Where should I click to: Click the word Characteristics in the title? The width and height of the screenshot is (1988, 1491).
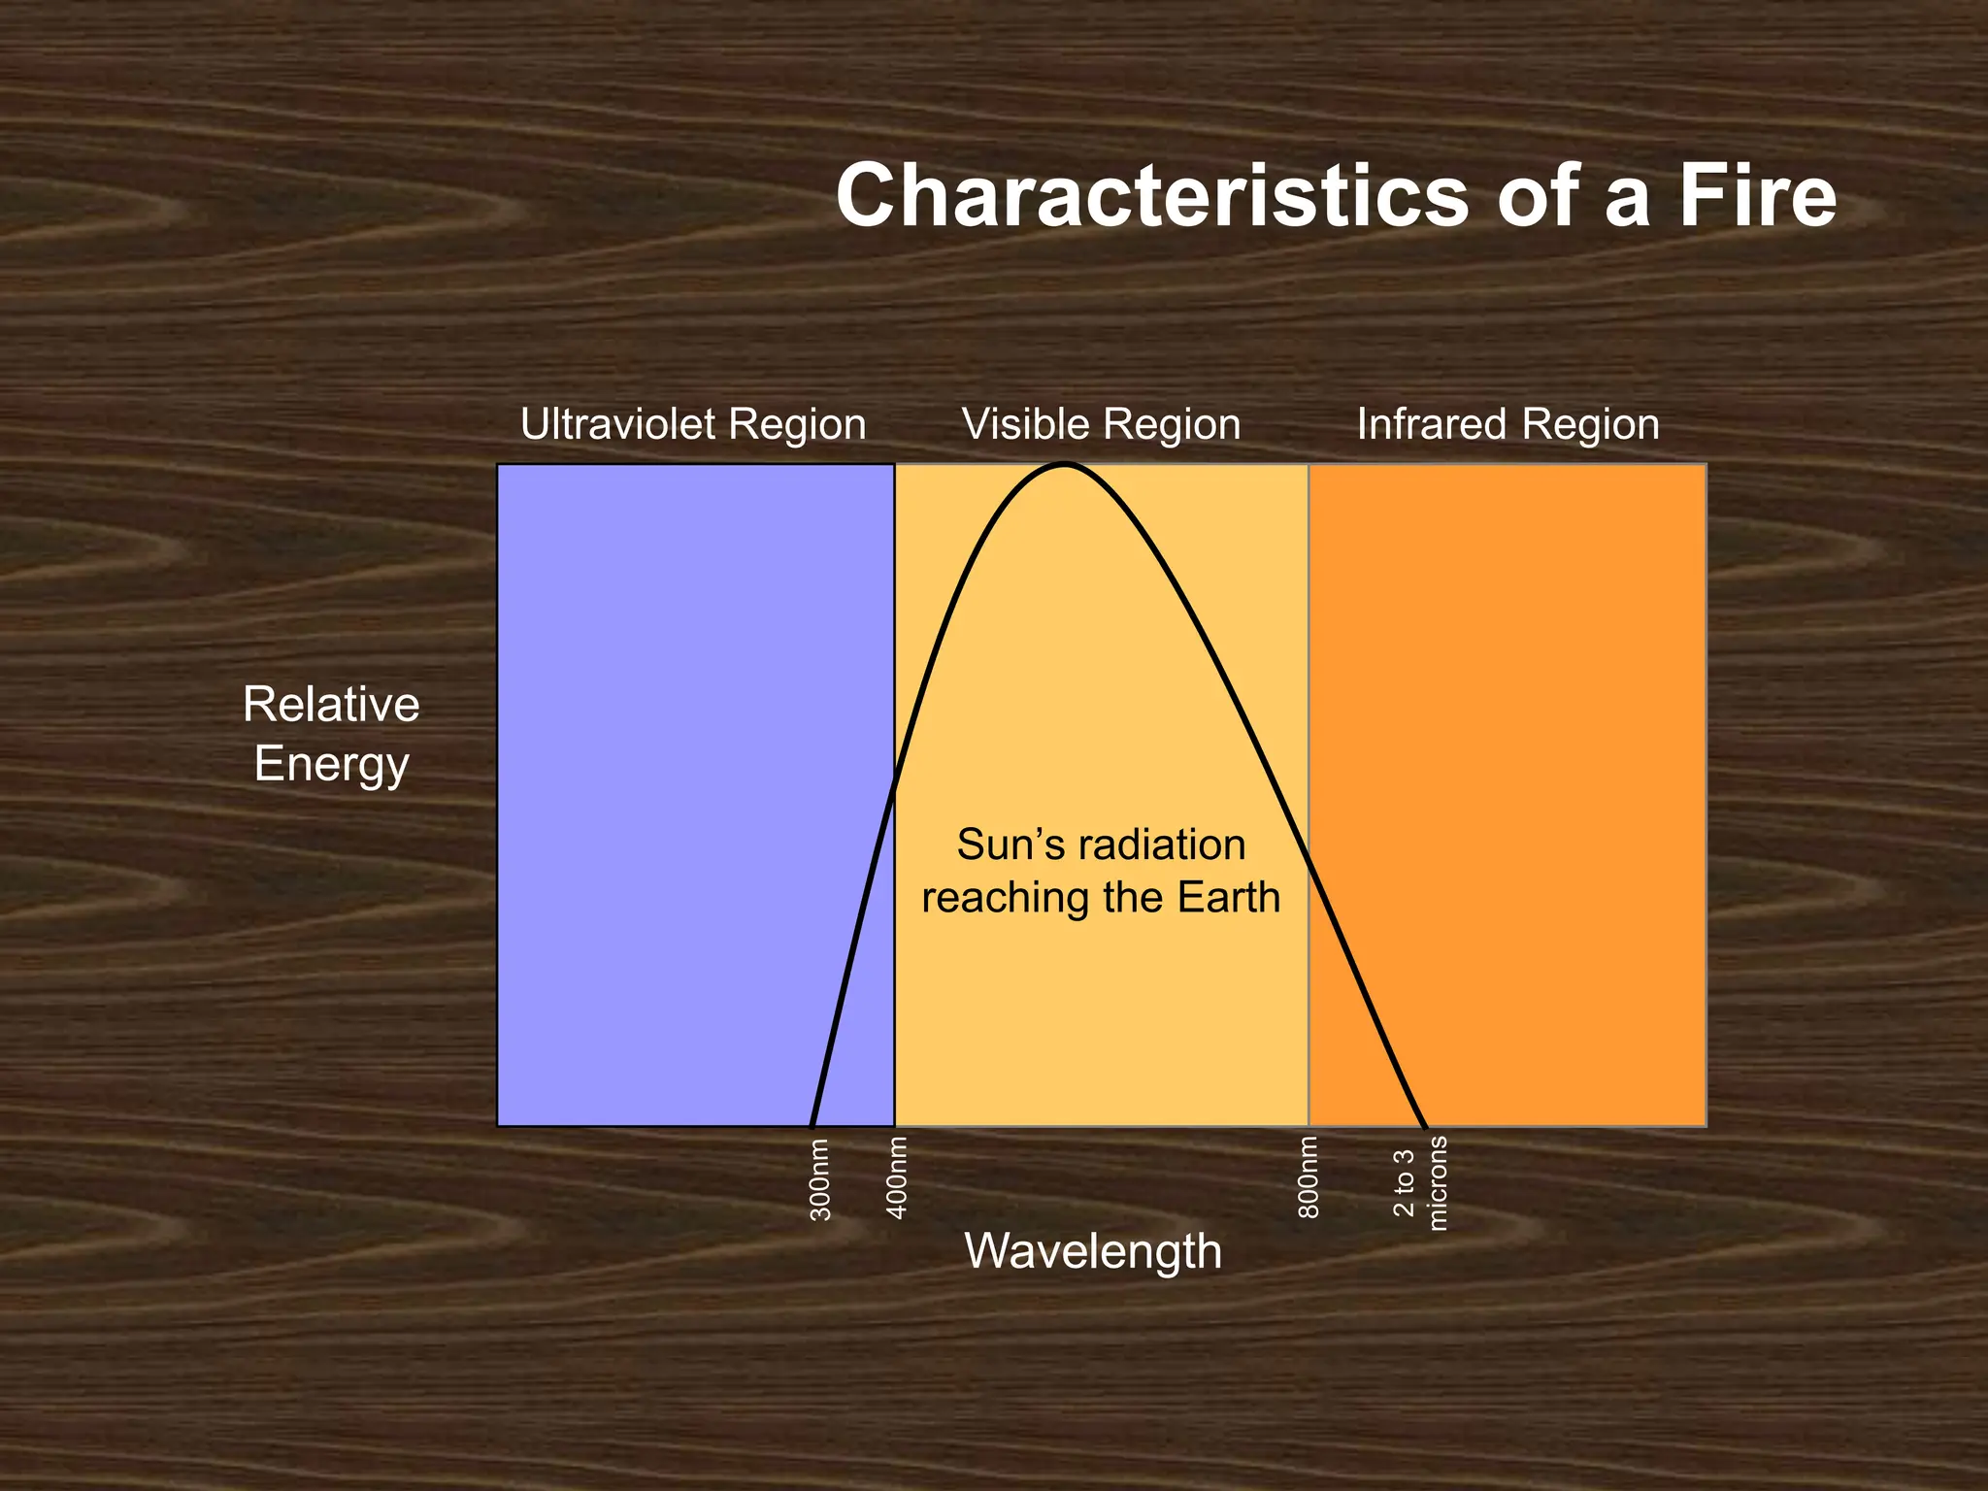pos(1151,196)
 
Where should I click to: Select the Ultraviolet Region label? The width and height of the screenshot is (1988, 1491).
pos(693,424)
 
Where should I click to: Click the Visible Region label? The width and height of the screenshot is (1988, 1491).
pos(1101,424)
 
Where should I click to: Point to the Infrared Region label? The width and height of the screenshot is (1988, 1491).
pos(1508,424)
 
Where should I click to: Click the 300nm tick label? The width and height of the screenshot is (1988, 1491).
pos(820,1179)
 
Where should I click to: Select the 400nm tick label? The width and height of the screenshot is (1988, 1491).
pos(898,1177)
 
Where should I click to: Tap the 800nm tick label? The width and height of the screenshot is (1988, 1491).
pos(1309,1177)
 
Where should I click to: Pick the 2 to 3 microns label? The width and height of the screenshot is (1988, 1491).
pos(1420,1183)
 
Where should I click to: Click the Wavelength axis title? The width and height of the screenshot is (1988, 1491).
pos(1093,1250)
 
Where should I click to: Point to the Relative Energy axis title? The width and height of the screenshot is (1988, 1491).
pos(331,734)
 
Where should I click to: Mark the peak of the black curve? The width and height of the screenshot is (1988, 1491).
pos(1065,466)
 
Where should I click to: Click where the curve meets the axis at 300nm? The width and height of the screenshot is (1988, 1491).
pos(812,1126)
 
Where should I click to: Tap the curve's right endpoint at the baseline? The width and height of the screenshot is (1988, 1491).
pos(1425,1126)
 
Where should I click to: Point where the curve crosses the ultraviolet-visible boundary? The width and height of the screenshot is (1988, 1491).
pos(894,784)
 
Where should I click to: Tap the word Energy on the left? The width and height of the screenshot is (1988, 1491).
pos(331,765)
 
